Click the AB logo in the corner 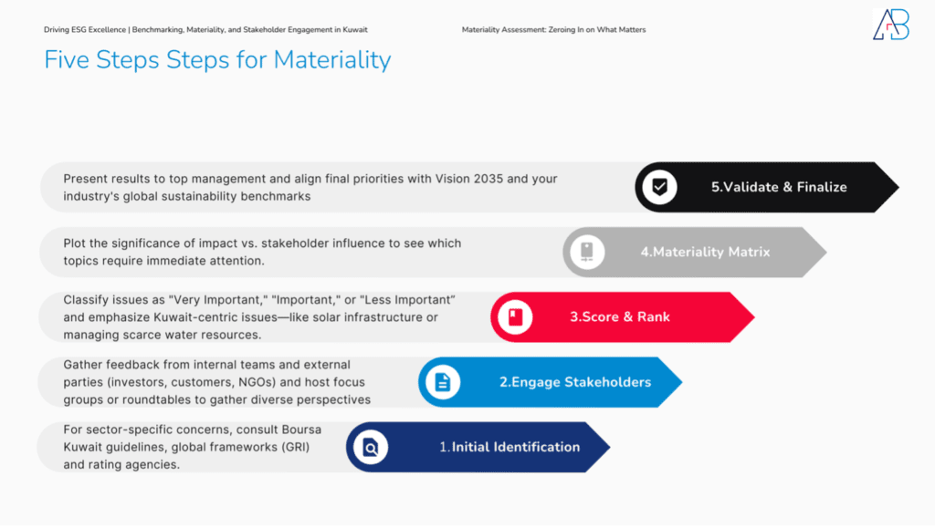890,25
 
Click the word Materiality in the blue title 331,60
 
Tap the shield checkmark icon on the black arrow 658,187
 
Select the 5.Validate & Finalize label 779,187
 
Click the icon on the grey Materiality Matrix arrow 587,252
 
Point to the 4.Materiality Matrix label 705,252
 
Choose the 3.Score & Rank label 620,317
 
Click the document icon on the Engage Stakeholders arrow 443,382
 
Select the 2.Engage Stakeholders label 574,382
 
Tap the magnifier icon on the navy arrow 371,447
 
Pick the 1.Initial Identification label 510,447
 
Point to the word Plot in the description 77,243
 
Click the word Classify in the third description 88,300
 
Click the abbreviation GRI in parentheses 283,447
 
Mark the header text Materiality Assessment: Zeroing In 553,30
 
